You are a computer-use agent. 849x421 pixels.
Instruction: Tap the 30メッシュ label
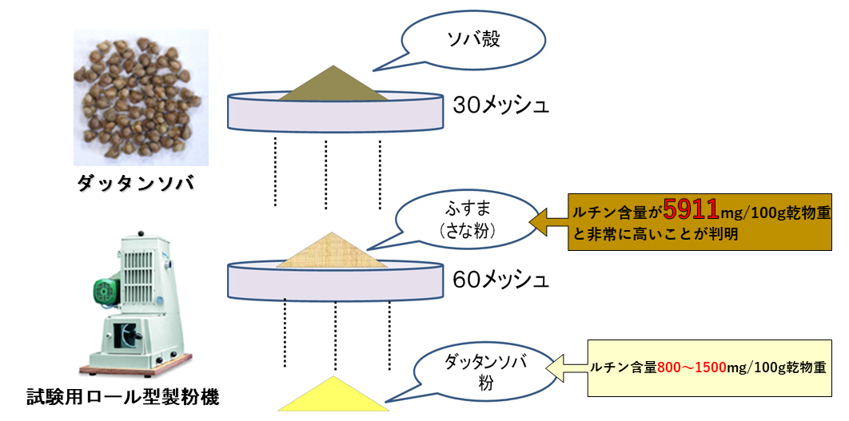pos(501,105)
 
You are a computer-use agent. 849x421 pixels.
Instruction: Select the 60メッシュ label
pos(501,280)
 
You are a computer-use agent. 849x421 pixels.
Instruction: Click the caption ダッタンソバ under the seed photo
pos(136,185)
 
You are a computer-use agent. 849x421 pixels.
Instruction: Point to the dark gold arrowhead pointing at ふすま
pos(545,222)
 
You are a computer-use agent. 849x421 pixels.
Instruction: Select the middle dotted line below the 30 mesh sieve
pos(327,172)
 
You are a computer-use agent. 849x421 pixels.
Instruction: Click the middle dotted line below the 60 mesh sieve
pos(337,334)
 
